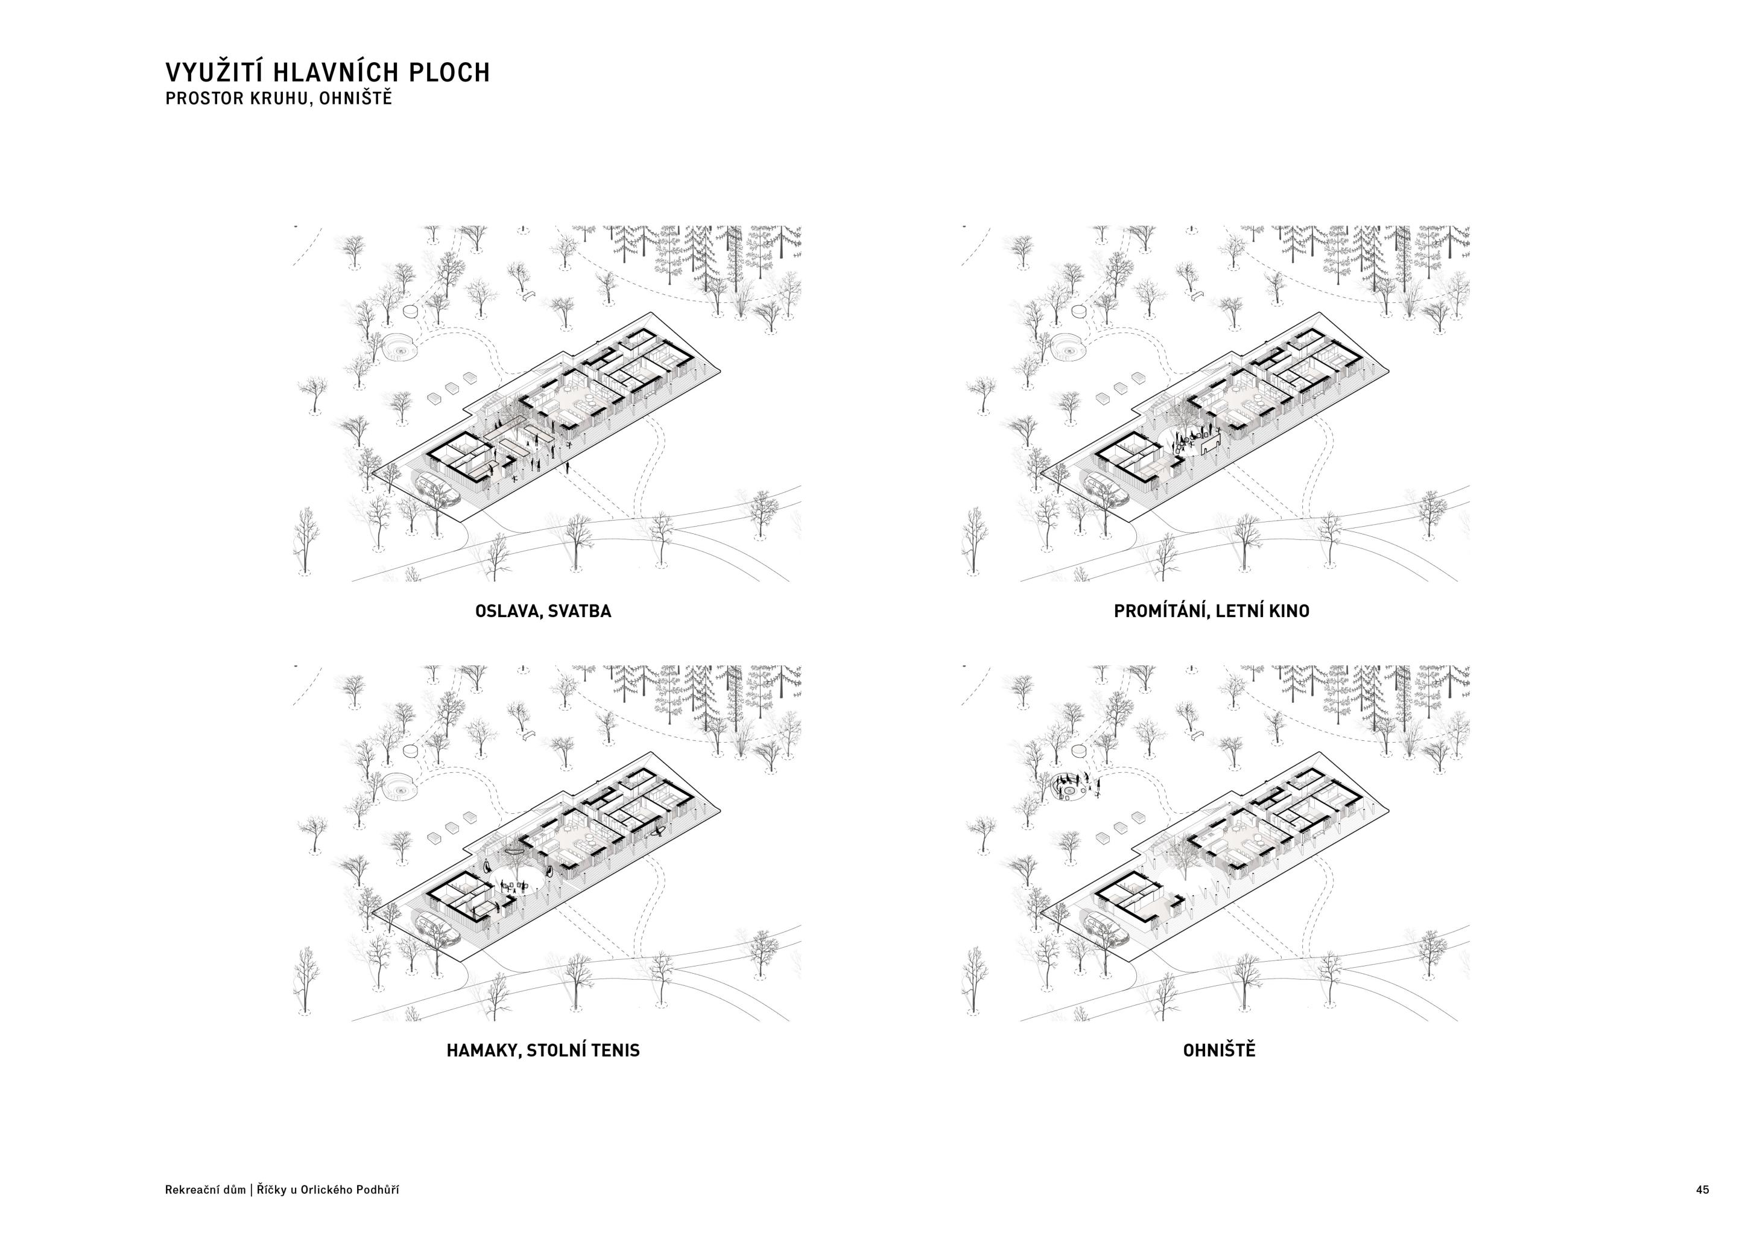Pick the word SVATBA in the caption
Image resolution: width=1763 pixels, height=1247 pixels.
point(580,611)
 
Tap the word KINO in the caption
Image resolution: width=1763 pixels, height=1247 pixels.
point(1291,611)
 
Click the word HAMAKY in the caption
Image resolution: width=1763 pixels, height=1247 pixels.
point(484,1050)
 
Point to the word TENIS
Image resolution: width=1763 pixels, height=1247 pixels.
point(614,1050)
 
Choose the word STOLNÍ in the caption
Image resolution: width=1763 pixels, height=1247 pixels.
point(555,1050)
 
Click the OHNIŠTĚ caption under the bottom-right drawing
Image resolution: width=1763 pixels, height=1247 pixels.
point(1218,1050)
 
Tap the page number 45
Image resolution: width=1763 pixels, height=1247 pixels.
point(1702,1190)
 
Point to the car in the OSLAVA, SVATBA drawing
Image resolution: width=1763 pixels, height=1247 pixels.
point(438,489)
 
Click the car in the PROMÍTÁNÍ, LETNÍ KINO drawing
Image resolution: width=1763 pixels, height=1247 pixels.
point(1106,489)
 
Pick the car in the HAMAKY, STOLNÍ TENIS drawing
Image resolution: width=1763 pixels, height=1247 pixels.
point(438,928)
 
